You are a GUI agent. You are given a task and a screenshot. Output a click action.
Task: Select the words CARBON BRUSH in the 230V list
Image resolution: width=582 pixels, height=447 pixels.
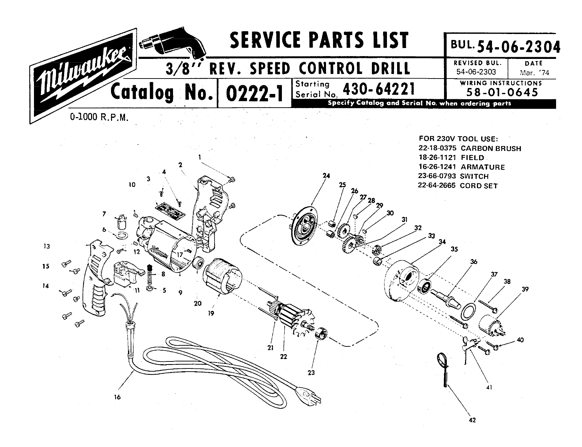[x=491, y=148]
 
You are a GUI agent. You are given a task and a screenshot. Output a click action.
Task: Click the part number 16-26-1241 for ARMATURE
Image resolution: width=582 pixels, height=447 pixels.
[x=437, y=167]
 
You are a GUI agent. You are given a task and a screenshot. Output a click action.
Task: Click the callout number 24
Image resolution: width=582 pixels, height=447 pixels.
[x=326, y=176]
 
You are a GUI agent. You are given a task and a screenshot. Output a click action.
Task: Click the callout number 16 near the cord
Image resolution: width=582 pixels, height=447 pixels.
[x=117, y=397]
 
